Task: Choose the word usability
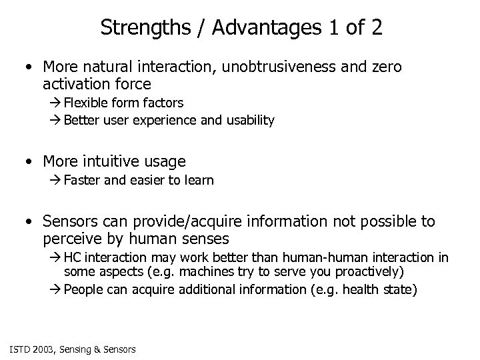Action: click(x=249, y=121)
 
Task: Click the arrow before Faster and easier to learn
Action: click(x=55, y=181)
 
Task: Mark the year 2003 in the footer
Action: click(x=42, y=348)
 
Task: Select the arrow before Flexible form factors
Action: click(x=55, y=103)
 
